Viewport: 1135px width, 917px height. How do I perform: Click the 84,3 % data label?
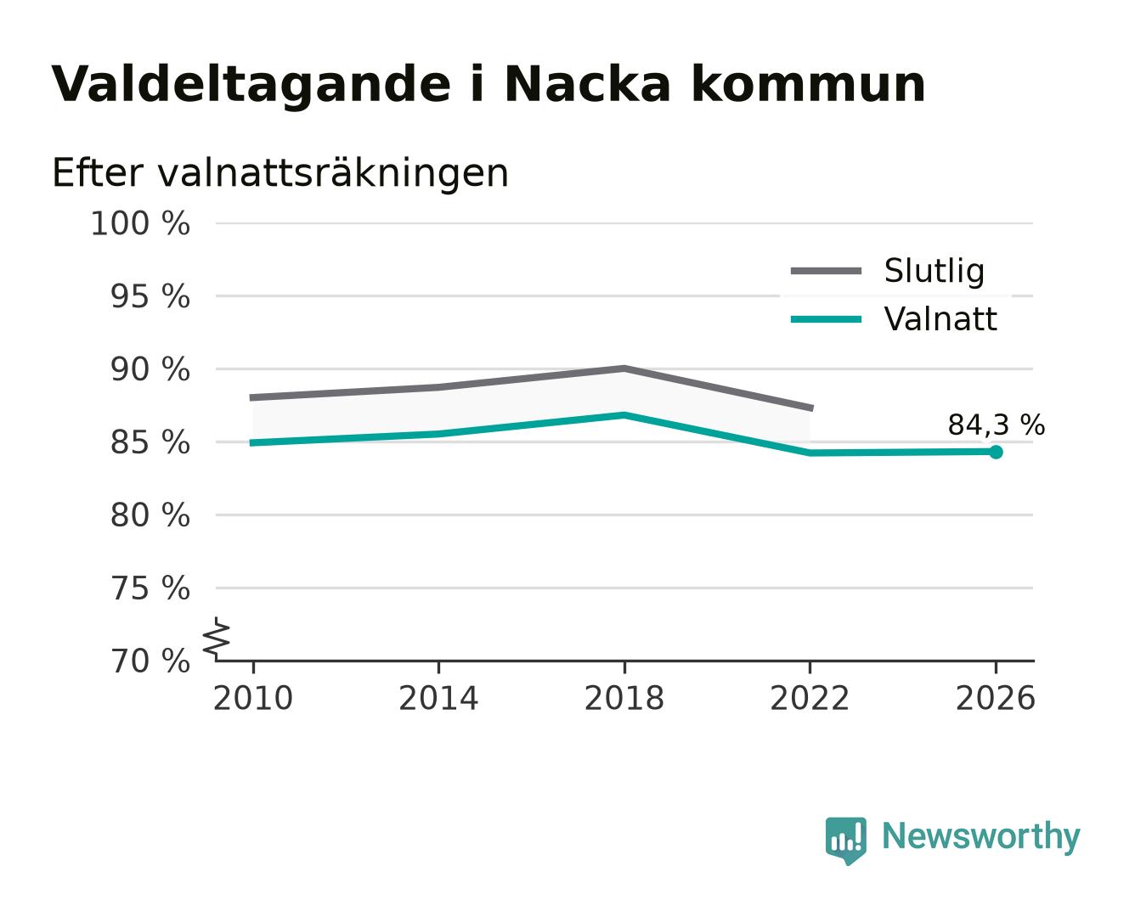point(996,425)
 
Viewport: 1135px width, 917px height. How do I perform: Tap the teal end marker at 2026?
point(996,452)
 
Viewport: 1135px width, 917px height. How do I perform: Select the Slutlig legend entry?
point(887,271)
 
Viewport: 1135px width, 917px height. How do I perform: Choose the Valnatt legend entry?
point(894,319)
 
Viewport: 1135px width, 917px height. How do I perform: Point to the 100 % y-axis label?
point(140,223)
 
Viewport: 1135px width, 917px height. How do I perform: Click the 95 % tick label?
point(150,296)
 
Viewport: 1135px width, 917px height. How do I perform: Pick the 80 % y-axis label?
point(150,515)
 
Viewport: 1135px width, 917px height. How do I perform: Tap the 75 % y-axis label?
point(150,588)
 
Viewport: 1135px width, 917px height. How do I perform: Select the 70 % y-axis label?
point(150,661)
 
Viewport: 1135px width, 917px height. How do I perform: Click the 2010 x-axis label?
point(253,698)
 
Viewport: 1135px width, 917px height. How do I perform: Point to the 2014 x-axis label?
point(438,698)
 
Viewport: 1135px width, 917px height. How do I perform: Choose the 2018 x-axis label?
point(624,698)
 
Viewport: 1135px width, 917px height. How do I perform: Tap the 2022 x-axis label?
point(810,698)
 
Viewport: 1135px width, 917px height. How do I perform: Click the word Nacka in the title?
point(587,84)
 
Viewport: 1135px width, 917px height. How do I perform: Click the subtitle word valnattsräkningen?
point(333,173)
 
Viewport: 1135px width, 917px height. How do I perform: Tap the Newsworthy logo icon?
point(845,841)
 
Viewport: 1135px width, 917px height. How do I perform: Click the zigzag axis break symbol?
point(217,639)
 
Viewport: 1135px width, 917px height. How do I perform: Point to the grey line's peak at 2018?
point(624,368)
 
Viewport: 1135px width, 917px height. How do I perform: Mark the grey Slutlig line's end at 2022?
point(811,408)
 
